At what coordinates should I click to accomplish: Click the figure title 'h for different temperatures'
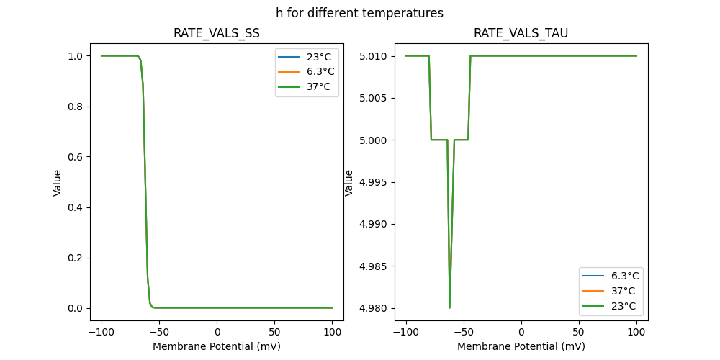click(359, 13)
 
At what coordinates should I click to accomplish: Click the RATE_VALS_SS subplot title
click(217, 33)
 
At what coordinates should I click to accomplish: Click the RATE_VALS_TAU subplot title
click(521, 33)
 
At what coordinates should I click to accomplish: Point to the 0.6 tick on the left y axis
click(75, 157)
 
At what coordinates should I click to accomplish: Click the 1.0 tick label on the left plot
click(75, 56)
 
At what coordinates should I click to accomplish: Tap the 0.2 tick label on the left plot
click(75, 258)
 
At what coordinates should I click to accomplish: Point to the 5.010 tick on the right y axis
click(374, 56)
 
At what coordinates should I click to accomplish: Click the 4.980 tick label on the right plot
click(374, 308)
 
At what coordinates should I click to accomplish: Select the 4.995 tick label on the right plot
click(374, 182)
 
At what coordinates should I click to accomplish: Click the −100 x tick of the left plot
click(102, 333)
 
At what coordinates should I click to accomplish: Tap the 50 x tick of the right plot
click(579, 333)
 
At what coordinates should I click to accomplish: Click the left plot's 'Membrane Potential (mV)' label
click(217, 346)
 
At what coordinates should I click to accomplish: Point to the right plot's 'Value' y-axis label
click(349, 182)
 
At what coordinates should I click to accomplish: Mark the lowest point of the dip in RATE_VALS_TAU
click(450, 307)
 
